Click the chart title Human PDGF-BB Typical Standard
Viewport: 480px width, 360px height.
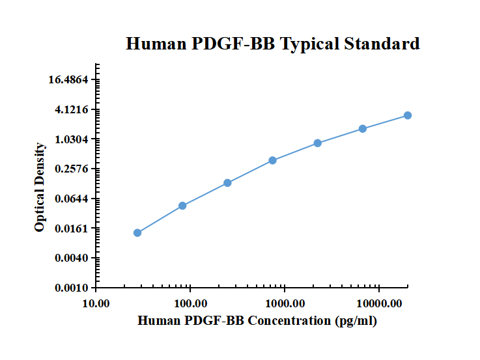point(272,44)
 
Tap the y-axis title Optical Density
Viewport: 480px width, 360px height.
point(40,187)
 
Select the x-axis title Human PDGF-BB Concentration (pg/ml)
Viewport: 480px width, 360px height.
point(258,321)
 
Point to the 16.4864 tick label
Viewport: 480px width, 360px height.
point(68,80)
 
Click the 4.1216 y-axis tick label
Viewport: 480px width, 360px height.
point(72,110)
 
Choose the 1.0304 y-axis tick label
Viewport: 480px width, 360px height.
point(72,139)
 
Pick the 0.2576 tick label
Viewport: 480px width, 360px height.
point(72,169)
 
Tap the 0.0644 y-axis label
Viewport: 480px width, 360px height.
point(72,199)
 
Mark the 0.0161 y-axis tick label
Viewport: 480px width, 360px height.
point(72,228)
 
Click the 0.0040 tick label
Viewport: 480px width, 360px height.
point(72,258)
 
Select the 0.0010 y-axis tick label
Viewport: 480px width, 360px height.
point(72,288)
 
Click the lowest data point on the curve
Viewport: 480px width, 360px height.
point(137,233)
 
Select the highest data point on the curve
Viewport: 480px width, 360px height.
point(408,115)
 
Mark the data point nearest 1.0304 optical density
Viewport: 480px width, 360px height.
point(318,143)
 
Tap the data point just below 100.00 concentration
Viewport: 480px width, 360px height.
point(182,206)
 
